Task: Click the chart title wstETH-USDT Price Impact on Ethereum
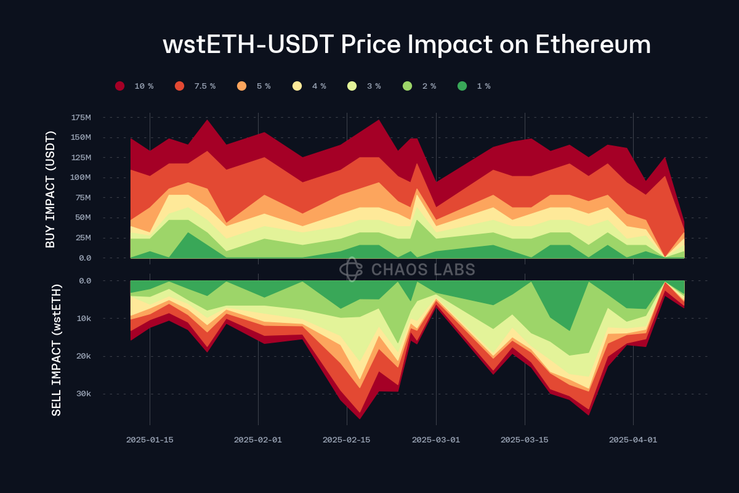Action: point(406,45)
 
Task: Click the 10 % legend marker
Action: point(120,86)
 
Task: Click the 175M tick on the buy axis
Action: point(81,117)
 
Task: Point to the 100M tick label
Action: point(81,177)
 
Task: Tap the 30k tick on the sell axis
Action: point(83,394)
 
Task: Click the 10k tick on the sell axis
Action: point(83,319)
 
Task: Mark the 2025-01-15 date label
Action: point(150,440)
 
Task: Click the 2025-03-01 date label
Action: point(435,440)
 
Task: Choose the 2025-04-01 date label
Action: point(632,440)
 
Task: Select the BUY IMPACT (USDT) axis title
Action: point(50,189)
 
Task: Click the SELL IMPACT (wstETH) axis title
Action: point(56,349)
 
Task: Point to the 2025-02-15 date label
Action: point(346,440)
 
